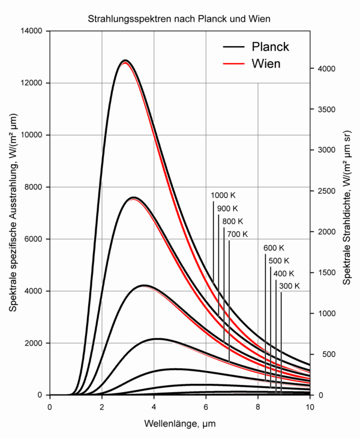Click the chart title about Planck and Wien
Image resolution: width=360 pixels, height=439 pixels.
(x=180, y=19)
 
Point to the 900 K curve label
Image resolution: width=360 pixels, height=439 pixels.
(x=227, y=209)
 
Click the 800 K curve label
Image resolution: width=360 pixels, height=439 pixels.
(x=232, y=221)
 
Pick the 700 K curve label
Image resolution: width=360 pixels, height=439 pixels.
(x=237, y=234)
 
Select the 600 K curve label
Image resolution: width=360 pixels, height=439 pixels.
(x=274, y=248)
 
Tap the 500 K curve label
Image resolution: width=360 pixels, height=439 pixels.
(x=278, y=261)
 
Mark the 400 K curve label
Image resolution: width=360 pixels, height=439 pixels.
(x=283, y=274)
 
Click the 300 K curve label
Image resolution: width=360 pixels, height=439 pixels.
(x=289, y=287)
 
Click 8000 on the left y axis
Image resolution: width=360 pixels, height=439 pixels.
(x=33, y=187)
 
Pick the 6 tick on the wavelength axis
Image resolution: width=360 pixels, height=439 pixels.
(x=206, y=407)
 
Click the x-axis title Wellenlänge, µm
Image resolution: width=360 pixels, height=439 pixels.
(x=179, y=424)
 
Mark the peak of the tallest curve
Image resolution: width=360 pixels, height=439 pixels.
(x=125, y=61)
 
